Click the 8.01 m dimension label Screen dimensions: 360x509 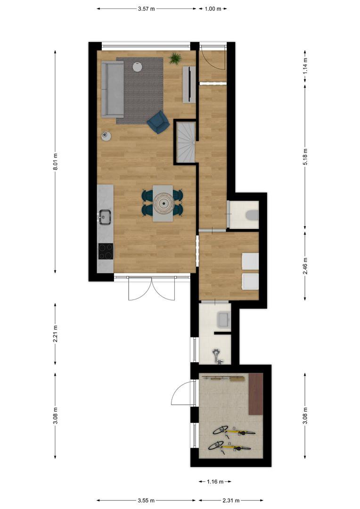click(x=55, y=162)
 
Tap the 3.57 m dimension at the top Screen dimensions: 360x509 click(x=147, y=9)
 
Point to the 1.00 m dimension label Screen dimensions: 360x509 click(x=213, y=9)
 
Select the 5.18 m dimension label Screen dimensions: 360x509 click(x=305, y=156)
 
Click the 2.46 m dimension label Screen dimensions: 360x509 click(x=305, y=265)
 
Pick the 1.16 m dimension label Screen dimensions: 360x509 click(x=215, y=481)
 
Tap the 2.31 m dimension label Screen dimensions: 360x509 click(x=231, y=500)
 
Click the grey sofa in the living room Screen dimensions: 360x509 click(x=112, y=89)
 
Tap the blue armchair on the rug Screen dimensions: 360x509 click(x=158, y=122)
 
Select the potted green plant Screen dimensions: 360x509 click(x=175, y=58)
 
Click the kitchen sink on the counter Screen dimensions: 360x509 click(x=105, y=217)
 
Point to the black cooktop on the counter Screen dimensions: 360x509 click(x=106, y=251)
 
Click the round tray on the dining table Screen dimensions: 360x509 click(x=164, y=203)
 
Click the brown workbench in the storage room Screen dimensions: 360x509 click(x=256, y=394)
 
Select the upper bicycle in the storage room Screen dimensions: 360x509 click(x=234, y=431)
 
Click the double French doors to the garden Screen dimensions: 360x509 click(x=152, y=288)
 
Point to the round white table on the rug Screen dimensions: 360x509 click(x=137, y=66)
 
